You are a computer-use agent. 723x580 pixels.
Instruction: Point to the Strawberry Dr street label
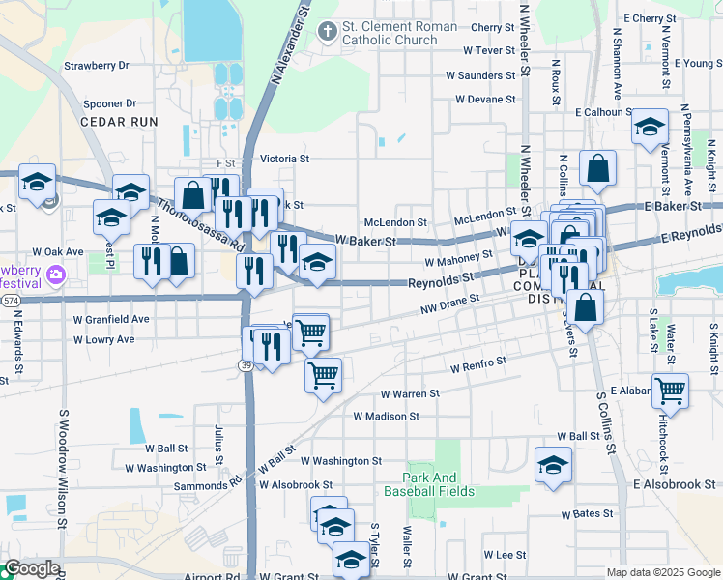(x=97, y=66)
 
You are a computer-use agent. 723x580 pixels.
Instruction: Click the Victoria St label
(x=284, y=158)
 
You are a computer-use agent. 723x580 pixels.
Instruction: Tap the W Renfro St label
(x=478, y=364)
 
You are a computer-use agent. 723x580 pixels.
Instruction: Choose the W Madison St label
(x=386, y=417)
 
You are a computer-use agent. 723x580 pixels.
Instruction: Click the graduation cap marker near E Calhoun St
(x=650, y=128)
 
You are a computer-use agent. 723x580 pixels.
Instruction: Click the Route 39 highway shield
(x=246, y=364)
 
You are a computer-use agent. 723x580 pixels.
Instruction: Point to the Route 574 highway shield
(x=9, y=302)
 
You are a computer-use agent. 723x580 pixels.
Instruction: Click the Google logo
(x=31, y=569)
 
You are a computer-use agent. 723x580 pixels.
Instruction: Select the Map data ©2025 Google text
(x=662, y=572)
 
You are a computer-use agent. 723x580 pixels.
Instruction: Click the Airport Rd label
(x=212, y=576)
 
